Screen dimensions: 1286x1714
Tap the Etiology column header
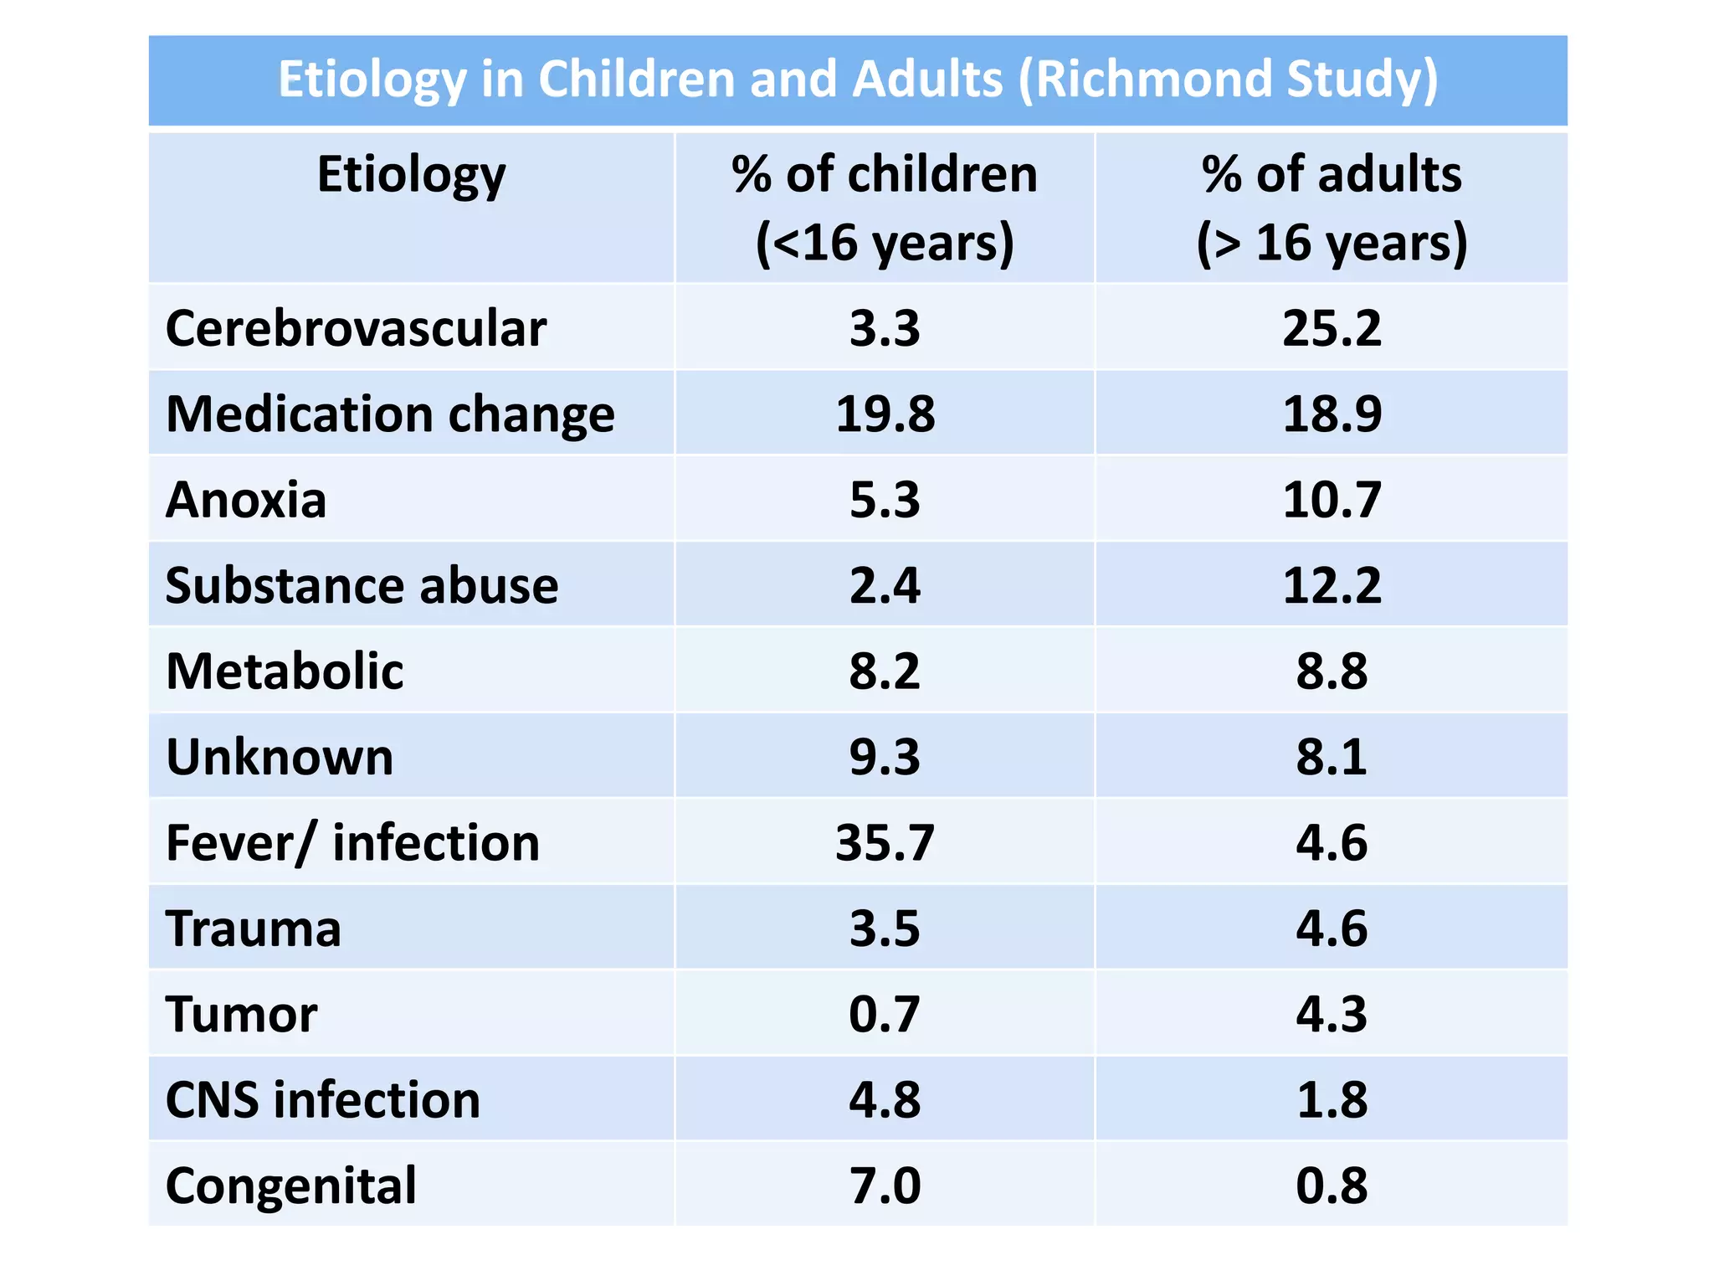pyautogui.click(x=411, y=175)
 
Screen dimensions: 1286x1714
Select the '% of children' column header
pyautogui.click(x=884, y=208)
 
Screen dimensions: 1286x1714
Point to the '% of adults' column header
pyautogui.click(x=1331, y=208)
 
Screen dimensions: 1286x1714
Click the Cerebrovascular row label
pyautogui.click(x=356, y=328)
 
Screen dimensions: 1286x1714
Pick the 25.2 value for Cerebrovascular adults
pyautogui.click(x=1331, y=328)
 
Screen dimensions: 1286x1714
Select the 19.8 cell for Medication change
pyautogui.click(x=885, y=414)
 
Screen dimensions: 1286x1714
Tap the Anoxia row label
pyautogui.click(x=246, y=500)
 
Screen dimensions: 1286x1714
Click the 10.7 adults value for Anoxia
pyautogui.click(x=1331, y=500)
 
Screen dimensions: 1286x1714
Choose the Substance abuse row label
pyautogui.click(x=362, y=585)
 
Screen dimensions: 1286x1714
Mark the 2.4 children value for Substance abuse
pyautogui.click(x=885, y=585)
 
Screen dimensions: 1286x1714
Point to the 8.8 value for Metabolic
pyautogui.click(x=1331, y=671)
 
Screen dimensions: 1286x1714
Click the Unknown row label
pyautogui.click(x=280, y=757)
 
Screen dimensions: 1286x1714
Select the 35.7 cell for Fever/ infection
pyautogui.click(x=885, y=842)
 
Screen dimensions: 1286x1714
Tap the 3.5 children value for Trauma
pyautogui.click(x=885, y=928)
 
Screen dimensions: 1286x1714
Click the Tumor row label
pyautogui.click(x=241, y=1014)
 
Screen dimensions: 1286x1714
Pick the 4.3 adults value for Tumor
pyautogui.click(x=1331, y=1014)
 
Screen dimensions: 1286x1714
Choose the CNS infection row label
pyautogui.click(x=323, y=1100)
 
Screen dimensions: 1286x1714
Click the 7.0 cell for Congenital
pyautogui.click(x=885, y=1186)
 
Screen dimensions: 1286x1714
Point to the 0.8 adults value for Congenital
pyautogui.click(x=1331, y=1186)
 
